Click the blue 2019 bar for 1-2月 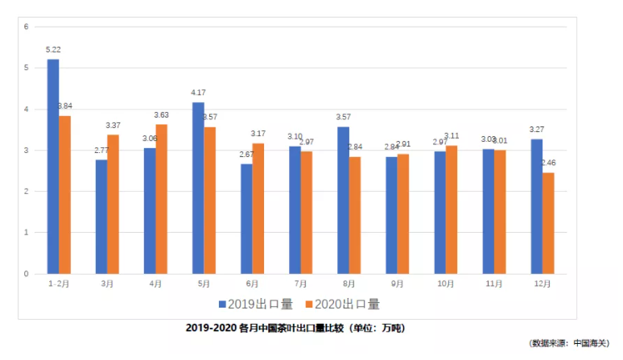(x=53, y=167)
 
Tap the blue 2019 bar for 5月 (x=198, y=188)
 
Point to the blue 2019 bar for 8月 (x=343, y=201)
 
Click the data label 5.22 (x=53, y=50)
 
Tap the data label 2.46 (x=549, y=163)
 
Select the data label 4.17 (x=198, y=93)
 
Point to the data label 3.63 (x=162, y=115)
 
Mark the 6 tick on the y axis (x=27, y=27)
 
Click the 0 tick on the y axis (x=27, y=274)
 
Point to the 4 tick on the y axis (x=27, y=109)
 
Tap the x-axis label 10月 (x=446, y=283)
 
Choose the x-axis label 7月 (x=300, y=283)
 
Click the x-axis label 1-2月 (x=59, y=283)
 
